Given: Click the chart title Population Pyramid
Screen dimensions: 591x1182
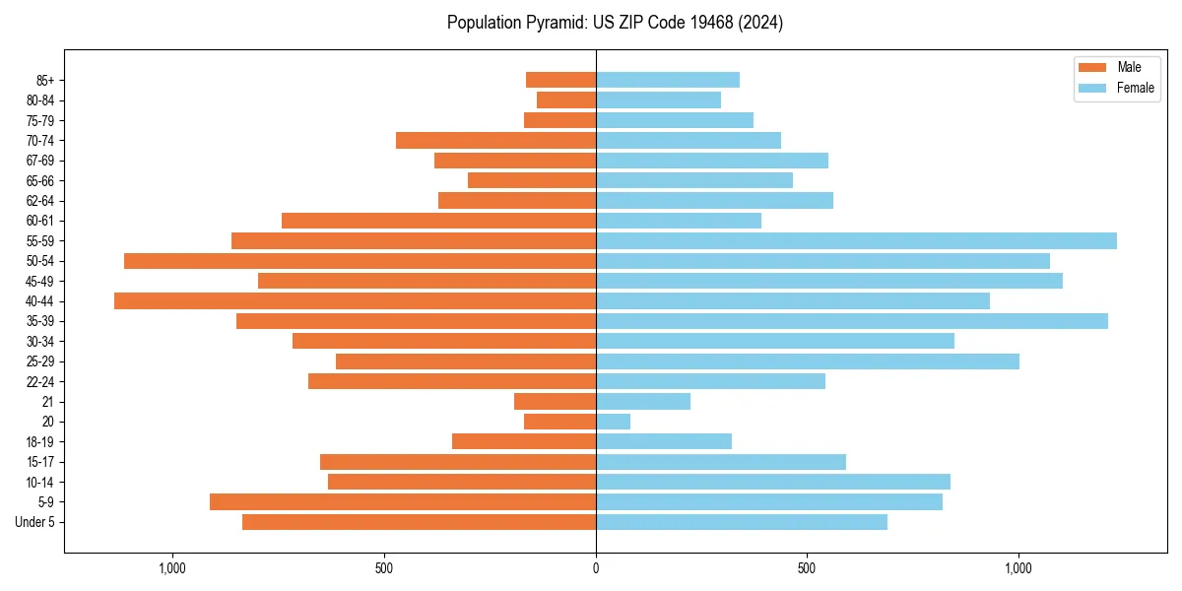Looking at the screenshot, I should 615,23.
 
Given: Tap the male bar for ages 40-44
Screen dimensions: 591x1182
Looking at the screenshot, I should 355,301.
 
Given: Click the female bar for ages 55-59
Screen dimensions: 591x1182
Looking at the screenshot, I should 856,241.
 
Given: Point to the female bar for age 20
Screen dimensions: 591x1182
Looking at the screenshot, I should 613,422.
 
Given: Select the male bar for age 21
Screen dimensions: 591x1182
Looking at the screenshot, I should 555,402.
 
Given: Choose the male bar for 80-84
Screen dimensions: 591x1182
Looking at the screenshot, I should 566,100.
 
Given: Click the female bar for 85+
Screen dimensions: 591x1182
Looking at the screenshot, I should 667,80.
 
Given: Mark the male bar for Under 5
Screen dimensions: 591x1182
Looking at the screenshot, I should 419,522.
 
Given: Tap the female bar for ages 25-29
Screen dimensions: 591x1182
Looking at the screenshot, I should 807,361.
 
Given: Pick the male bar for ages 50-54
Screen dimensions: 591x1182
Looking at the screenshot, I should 360,261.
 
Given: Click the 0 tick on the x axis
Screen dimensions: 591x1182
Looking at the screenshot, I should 596,568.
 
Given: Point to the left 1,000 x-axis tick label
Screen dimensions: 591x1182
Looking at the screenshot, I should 172,568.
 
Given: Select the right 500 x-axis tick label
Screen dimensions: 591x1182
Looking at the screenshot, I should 807,568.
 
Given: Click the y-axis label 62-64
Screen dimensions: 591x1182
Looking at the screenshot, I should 40,201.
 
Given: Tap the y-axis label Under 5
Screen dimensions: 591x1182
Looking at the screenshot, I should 35,522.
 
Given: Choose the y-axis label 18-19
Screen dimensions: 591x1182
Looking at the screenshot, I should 40,442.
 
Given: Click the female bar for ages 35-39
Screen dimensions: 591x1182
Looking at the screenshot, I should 851,321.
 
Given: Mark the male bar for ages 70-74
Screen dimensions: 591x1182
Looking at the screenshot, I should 495,141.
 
